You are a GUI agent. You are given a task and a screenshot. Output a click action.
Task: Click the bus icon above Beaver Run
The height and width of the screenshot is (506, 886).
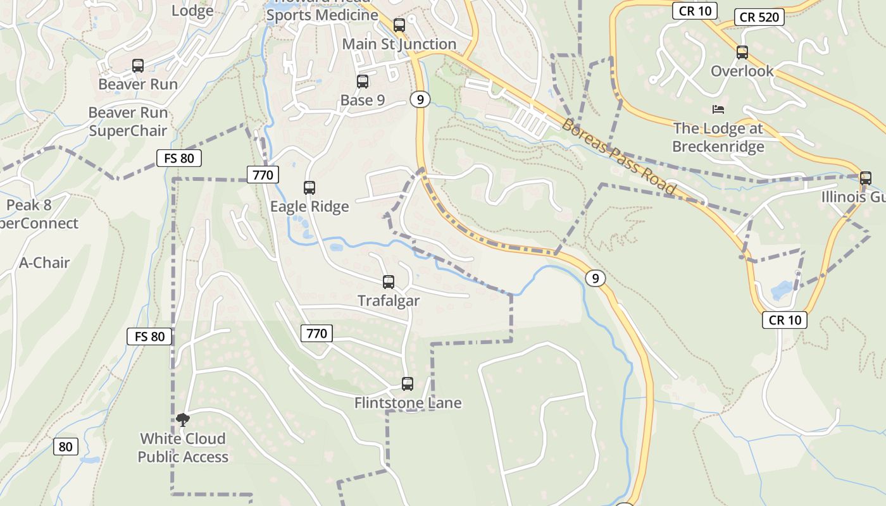137,65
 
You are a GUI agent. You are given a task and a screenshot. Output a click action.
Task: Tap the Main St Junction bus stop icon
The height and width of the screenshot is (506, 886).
399,25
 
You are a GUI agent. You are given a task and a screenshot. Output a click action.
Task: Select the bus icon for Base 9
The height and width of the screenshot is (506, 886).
363,81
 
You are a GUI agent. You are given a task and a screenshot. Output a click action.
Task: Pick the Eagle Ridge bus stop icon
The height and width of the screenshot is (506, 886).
309,188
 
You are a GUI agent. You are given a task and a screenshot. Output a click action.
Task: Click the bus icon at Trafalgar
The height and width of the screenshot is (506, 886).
389,282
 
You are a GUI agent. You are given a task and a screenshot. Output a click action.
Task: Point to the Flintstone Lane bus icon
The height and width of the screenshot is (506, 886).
408,384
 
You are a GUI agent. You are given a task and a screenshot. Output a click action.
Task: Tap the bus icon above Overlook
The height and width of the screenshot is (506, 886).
742,52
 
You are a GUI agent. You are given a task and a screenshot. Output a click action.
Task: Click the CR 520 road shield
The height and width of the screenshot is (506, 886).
759,17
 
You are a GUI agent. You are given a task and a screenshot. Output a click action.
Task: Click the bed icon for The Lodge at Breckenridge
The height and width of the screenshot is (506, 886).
718,109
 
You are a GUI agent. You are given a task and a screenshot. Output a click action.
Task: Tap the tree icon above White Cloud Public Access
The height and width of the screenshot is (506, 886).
183,419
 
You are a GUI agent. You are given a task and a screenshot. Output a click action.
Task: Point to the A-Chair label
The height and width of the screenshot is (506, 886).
44,262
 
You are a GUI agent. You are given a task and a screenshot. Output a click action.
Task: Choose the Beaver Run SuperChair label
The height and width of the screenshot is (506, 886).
128,121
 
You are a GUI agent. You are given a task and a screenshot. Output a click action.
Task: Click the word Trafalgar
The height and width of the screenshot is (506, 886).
389,300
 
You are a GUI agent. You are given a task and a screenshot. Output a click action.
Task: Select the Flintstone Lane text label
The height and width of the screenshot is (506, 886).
408,403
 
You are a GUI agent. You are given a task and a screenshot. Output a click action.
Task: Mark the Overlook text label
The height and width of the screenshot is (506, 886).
742,71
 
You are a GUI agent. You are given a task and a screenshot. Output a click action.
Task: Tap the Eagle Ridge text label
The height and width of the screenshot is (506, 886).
309,207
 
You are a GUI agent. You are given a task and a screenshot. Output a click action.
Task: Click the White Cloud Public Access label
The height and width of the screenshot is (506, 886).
183,447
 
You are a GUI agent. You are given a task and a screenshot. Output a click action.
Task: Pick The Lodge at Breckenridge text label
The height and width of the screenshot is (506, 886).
718,137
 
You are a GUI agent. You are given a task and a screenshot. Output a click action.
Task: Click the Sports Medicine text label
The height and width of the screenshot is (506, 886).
322,15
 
